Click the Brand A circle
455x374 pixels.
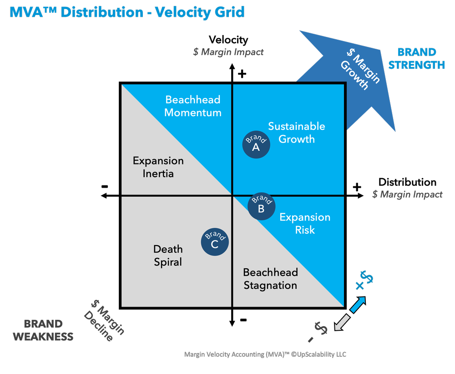pos(256,144)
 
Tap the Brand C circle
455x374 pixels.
pos(215,242)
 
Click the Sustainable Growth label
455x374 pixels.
pos(296,133)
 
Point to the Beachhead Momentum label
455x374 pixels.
pos(193,106)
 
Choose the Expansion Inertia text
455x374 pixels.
pos(158,167)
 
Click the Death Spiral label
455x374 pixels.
pos(168,256)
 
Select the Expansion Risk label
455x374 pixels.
pos(305,224)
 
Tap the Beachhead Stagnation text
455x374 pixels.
pos(270,279)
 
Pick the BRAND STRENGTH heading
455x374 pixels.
pos(417,58)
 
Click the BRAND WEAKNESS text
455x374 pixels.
pos(43,330)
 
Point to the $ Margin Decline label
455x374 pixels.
pos(104,319)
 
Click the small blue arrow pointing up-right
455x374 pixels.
pos(359,303)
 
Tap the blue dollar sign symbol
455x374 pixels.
pos(367,279)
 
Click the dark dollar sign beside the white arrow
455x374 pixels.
pos(321,328)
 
